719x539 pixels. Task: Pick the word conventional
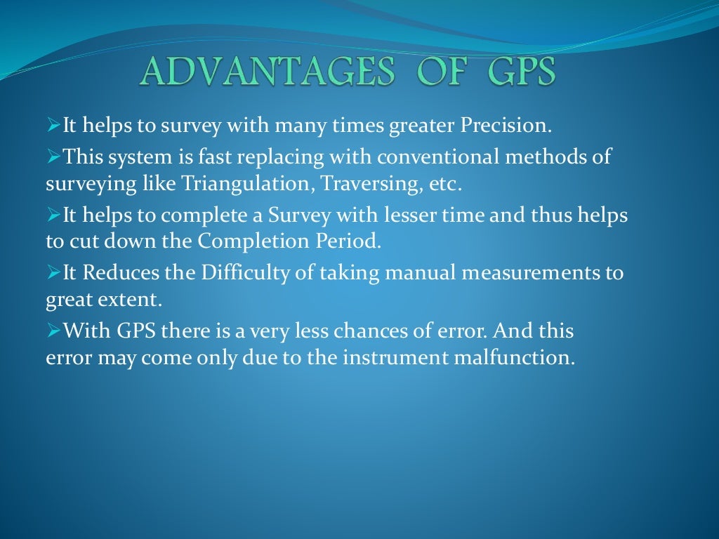point(429,157)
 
